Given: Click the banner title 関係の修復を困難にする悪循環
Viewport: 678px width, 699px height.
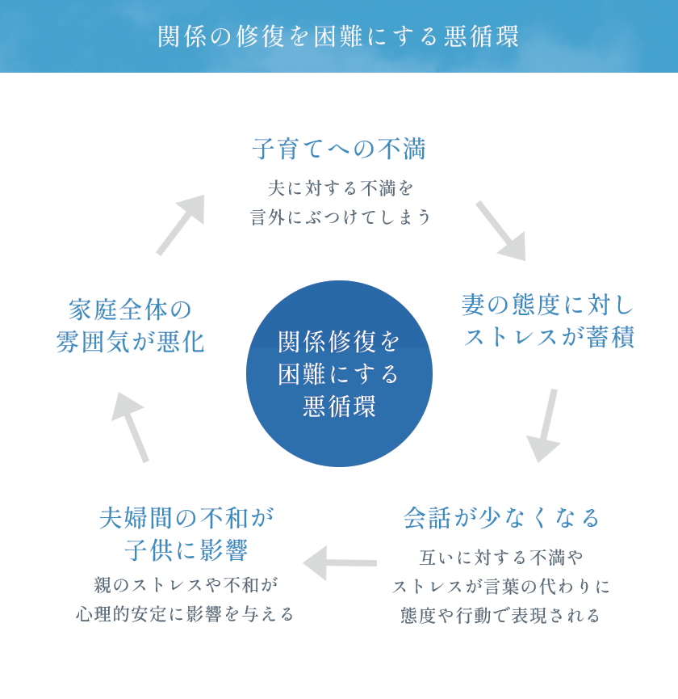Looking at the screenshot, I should [338, 36].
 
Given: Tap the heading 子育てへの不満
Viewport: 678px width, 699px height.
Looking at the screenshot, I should [339, 149].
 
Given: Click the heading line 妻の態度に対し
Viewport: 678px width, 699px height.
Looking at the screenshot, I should [549, 305].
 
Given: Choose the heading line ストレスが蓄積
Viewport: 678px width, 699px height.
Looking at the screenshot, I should [549, 337].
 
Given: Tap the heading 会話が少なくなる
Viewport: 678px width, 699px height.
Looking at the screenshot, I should [502, 518].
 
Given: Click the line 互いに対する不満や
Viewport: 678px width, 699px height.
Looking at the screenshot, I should [501, 558].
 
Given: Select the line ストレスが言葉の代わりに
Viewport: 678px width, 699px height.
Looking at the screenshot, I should [501, 587].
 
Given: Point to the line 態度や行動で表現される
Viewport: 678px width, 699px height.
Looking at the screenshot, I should [501, 616].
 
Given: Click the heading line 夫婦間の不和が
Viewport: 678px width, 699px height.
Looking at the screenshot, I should [186, 518].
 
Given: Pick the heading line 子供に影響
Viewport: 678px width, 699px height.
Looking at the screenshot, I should [186, 550].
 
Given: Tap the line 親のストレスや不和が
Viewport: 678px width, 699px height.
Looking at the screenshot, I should [186, 584].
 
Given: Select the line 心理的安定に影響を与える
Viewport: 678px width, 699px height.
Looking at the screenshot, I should [186, 614].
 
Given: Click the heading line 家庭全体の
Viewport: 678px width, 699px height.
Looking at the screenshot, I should [130, 309].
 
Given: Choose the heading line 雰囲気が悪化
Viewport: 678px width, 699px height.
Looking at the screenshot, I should [130, 342].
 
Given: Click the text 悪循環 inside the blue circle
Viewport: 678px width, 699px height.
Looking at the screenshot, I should [339, 406].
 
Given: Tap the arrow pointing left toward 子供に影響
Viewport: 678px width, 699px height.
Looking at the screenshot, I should [339, 562].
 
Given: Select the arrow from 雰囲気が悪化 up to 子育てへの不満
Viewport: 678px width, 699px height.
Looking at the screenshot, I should [180, 225].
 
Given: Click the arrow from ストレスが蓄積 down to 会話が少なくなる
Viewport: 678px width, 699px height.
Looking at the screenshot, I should [546, 425].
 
